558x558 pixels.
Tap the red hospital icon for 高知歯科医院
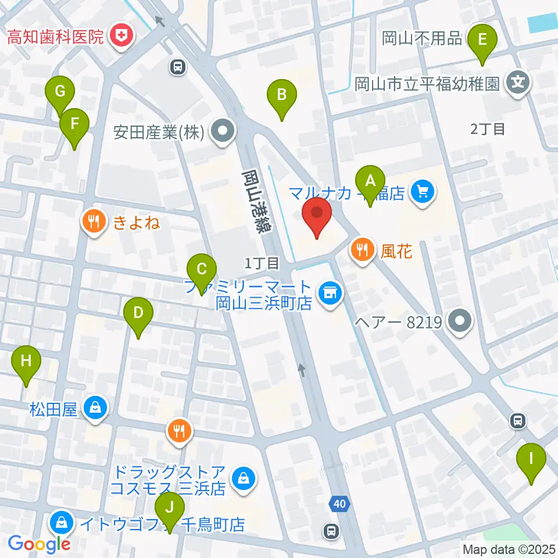tap(123, 37)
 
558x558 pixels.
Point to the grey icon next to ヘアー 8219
tap(461, 320)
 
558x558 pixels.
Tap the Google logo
tap(39, 543)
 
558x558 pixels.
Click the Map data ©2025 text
tap(509, 549)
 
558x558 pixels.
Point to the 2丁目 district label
tap(488, 129)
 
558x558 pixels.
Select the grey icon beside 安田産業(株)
tap(221, 133)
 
